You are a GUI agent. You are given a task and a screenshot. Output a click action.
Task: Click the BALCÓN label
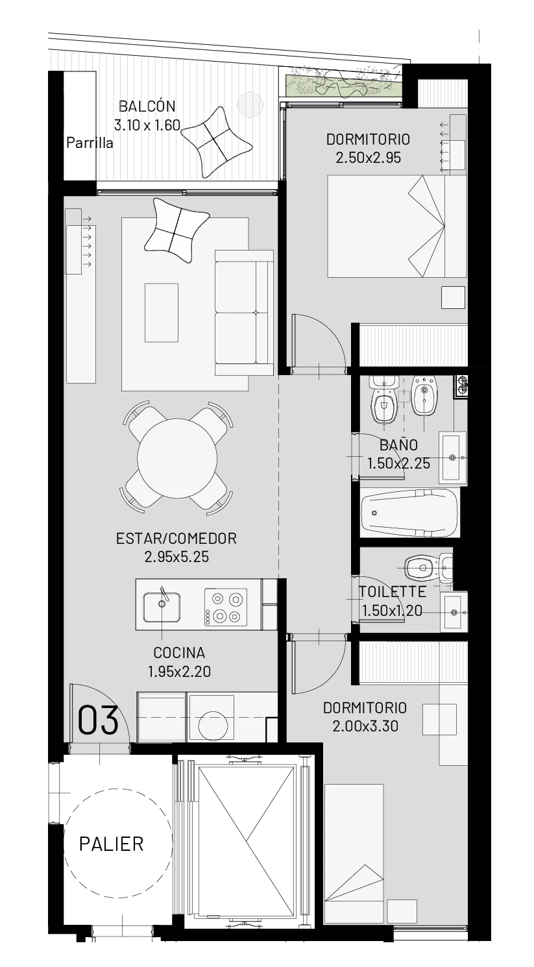[x=147, y=106]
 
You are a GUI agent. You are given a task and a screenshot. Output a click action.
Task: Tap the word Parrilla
[x=90, y=143]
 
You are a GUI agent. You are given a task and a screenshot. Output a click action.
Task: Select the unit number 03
[x=98, y=720]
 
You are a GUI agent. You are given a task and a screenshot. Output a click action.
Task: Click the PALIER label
[x=112, y=844]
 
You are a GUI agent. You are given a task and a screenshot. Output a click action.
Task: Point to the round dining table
[x=177, y=458]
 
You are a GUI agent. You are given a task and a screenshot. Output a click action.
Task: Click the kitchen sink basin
[x=162, y=607]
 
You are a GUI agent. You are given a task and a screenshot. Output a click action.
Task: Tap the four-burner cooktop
[x=226, y=607]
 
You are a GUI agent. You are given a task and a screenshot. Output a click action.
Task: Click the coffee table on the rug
[x=162, y=313]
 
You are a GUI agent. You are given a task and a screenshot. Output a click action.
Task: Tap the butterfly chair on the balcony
[x=216, y=141]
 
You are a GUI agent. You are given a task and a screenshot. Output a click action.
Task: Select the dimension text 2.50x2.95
[x=369, y=158]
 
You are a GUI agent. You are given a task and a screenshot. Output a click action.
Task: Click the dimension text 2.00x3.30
[x=365, y=726]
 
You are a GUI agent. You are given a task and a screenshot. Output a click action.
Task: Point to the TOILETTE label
[x=393, y=592]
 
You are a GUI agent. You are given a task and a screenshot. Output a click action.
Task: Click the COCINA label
[x=179, y=653]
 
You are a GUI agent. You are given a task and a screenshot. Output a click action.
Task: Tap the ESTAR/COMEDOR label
[x=176, y=538]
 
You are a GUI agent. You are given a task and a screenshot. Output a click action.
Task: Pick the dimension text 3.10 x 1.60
[x=147, y=125]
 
